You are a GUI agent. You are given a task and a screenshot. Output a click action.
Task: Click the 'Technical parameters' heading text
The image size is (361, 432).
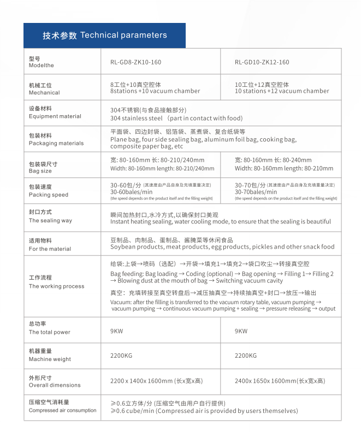(x=123, y=35)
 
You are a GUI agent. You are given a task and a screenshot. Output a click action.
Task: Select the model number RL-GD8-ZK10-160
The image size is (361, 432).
(x=135, y=62)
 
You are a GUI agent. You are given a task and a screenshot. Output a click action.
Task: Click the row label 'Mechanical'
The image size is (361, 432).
(x=44, y=93)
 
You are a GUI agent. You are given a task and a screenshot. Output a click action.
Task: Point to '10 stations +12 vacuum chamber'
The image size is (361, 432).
(x=282, y=91)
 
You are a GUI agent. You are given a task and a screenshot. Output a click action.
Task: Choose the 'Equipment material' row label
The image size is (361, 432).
(x=55, y=116)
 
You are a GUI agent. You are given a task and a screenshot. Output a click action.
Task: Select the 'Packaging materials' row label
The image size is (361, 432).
(x=56, y=143)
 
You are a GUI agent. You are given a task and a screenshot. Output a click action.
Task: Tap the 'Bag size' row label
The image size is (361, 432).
(x=40, y=171)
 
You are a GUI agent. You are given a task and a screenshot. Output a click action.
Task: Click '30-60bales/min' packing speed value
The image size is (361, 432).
(x=131, y=192)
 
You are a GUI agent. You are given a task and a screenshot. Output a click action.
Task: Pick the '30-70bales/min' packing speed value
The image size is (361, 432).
(x=256, y=192)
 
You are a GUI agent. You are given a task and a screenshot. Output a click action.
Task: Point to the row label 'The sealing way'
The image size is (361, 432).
(x=50, y=221)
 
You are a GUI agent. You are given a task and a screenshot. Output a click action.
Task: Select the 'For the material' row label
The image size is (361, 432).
(x=50, y=248)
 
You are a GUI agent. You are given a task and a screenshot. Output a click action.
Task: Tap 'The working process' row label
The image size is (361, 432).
(x=56, y=286)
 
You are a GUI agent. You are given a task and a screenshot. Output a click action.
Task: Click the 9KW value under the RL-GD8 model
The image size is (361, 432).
(x=116, y=331)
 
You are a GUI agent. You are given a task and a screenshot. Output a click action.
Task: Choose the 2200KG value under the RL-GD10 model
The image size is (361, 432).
(x=245, y=356)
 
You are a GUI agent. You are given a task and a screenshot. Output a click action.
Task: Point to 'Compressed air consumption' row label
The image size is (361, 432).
(x=62, y=410)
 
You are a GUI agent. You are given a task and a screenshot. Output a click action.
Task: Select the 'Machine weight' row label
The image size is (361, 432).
(x=50, y=359)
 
